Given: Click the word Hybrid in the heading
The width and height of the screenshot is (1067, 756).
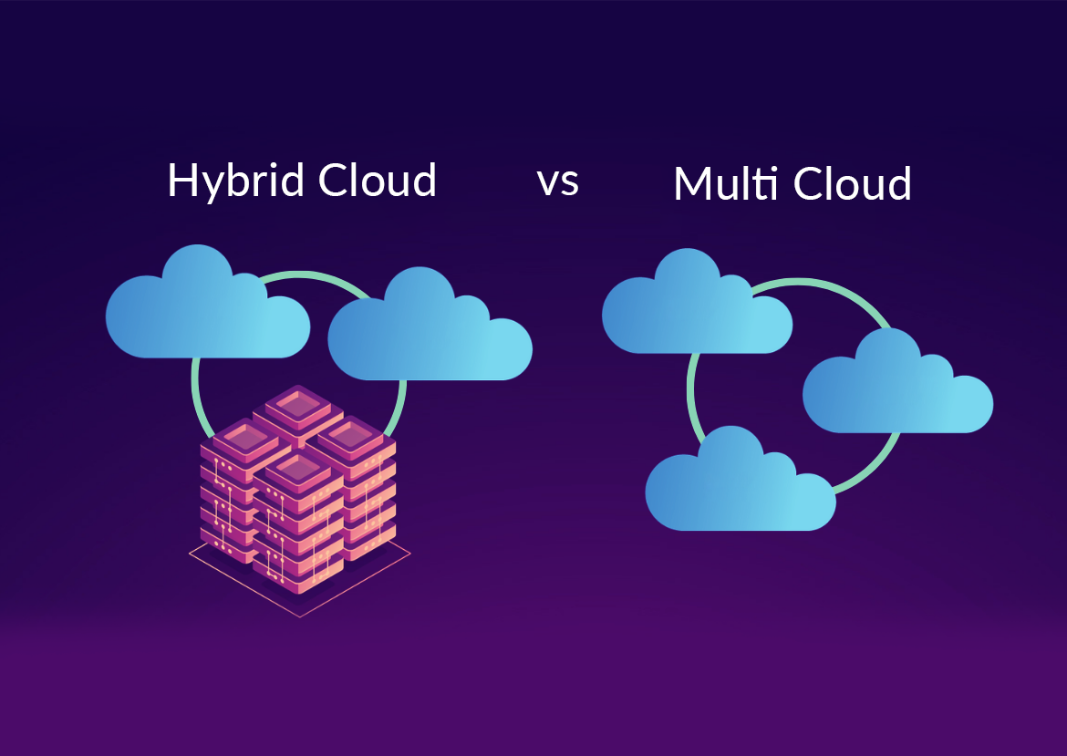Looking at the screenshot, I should pyautogui.click(x=235, y=181).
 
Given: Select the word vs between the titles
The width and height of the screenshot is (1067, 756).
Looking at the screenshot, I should pyautogui.click(x=557, y=181).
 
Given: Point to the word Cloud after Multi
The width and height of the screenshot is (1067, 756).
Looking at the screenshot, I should pyautogui.click(x=853, y=184).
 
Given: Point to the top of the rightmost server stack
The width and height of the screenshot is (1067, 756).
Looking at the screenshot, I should pyautogui.click(x=352, y=436).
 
